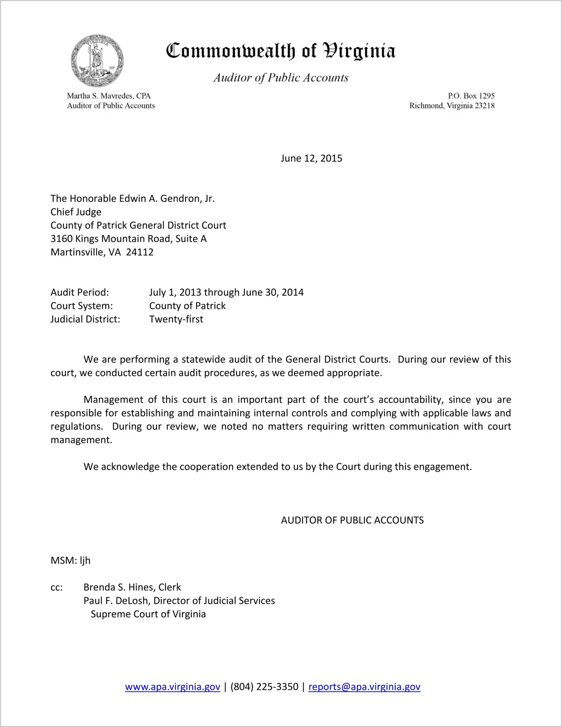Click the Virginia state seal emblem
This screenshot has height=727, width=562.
97,61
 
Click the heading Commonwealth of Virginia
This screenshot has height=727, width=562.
281,51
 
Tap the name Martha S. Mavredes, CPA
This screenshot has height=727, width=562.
109,96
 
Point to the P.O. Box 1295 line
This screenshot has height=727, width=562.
471,96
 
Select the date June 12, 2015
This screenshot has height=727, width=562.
311,158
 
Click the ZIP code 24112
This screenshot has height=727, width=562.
140,252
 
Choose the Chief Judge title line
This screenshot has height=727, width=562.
76,212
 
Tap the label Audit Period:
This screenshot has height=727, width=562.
80,293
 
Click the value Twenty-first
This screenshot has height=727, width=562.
176,319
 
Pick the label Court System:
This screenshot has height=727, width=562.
82,306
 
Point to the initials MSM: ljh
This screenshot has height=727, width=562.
70,561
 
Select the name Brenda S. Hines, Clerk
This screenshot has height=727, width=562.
132,587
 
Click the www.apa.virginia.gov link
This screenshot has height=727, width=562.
173,687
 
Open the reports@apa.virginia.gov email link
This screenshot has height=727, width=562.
364,687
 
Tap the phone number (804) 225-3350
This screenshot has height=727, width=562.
264,687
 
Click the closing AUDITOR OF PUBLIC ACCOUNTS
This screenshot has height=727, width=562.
352,520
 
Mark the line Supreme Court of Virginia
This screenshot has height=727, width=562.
148,614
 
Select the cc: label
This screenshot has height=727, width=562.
56,588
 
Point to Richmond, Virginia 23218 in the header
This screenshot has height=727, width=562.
452,106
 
